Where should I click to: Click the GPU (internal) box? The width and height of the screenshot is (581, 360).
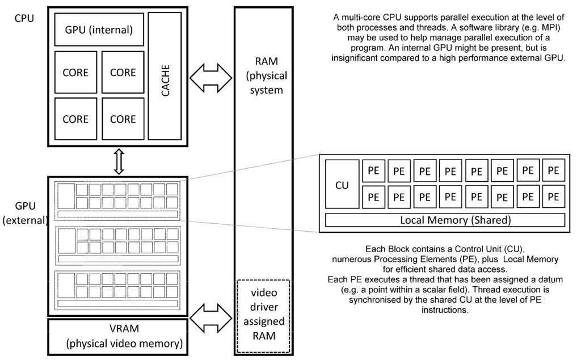click(x=99, y=30)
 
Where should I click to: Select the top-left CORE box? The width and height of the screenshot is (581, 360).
click(x=75, y=72)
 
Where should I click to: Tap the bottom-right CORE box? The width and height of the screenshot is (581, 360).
click(x=123, y=119)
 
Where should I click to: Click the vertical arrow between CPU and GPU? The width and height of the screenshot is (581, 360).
click(x=119, y=162)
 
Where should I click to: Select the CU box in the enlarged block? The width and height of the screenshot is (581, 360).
click(x=342, y=185)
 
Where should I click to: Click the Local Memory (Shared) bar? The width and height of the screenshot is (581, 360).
click(x=445, y=220)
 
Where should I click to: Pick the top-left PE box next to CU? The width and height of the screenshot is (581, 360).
click(x=374, y=170)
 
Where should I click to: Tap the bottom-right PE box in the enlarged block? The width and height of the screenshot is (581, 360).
click(x=554, y=197)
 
